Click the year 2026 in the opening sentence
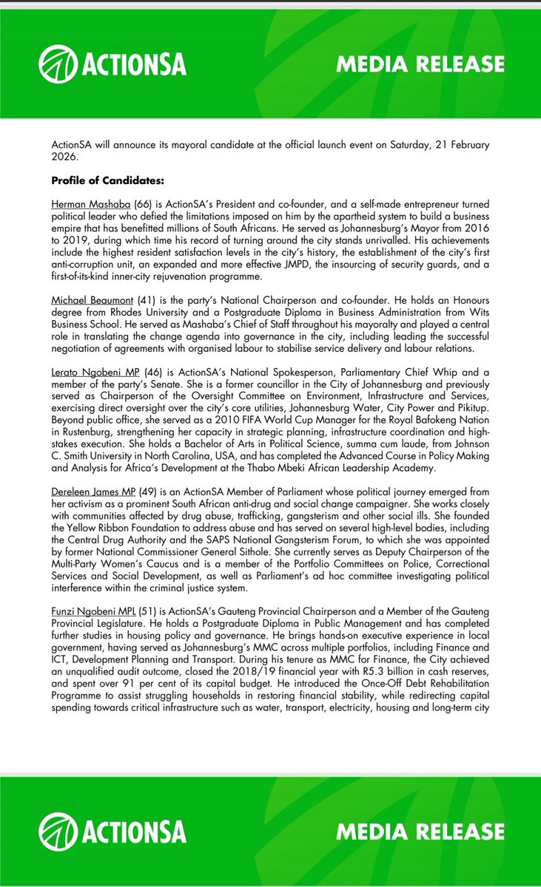coord(66,156)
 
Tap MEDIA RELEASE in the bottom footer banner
coord(420,832)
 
